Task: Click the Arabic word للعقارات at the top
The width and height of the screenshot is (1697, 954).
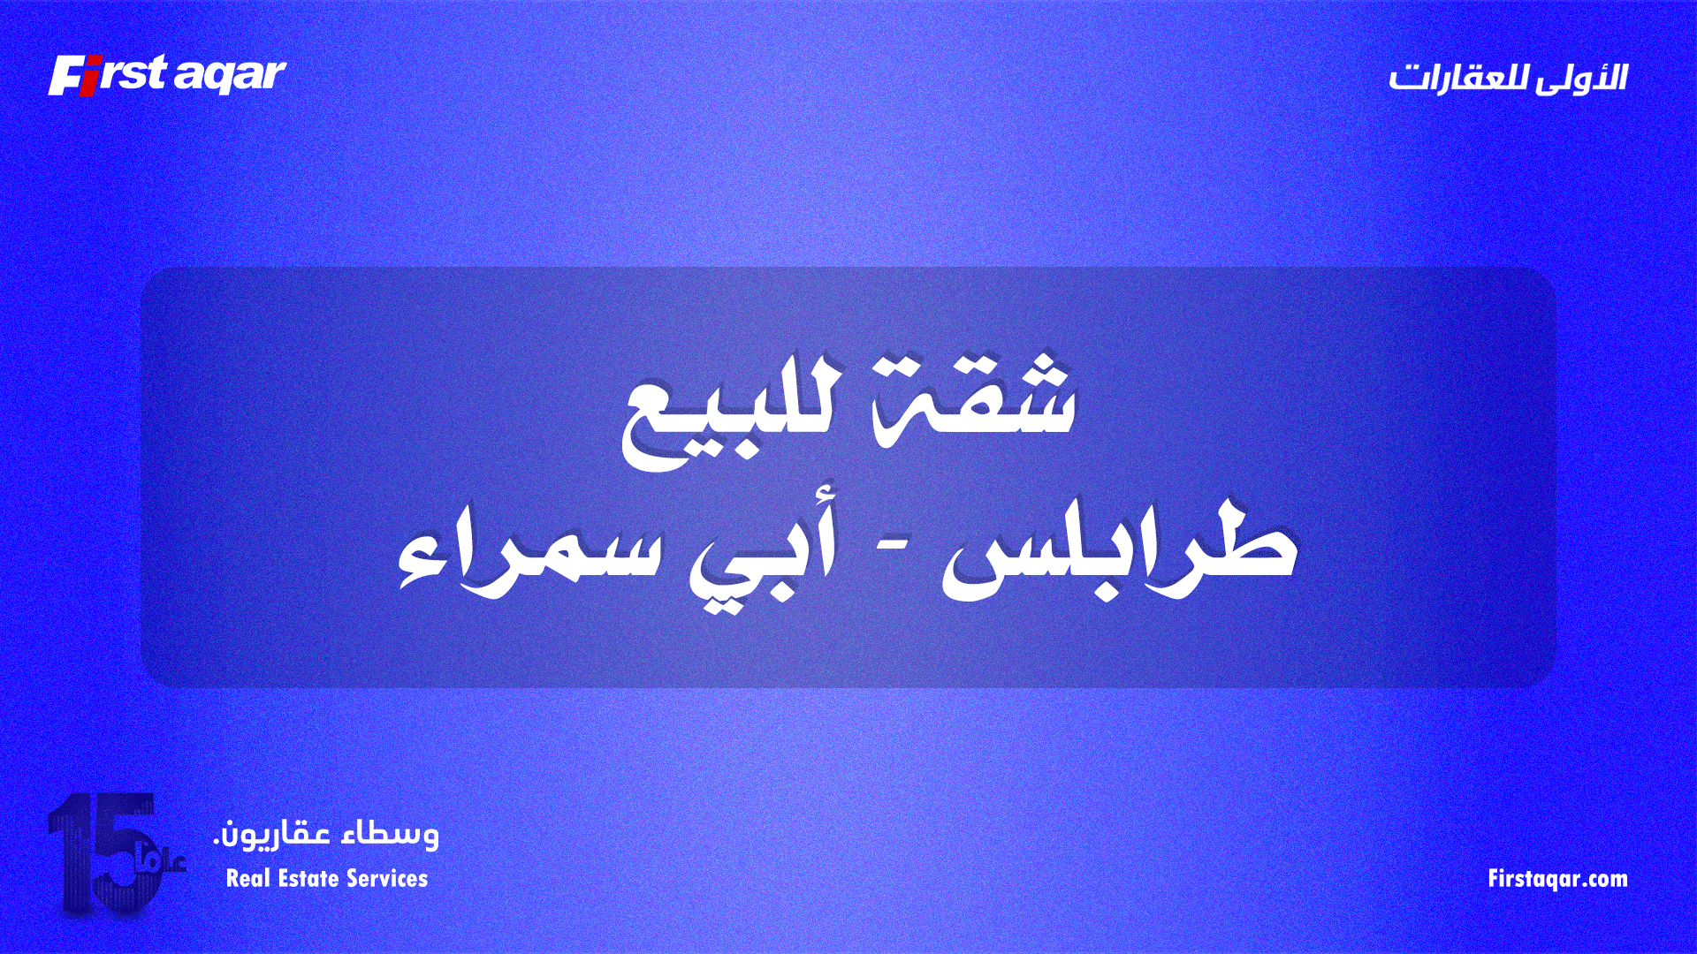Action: coord(1457,78)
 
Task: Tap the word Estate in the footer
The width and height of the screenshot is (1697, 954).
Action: coord(308,878)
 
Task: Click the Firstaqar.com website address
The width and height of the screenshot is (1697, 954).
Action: coord(1557,879)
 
